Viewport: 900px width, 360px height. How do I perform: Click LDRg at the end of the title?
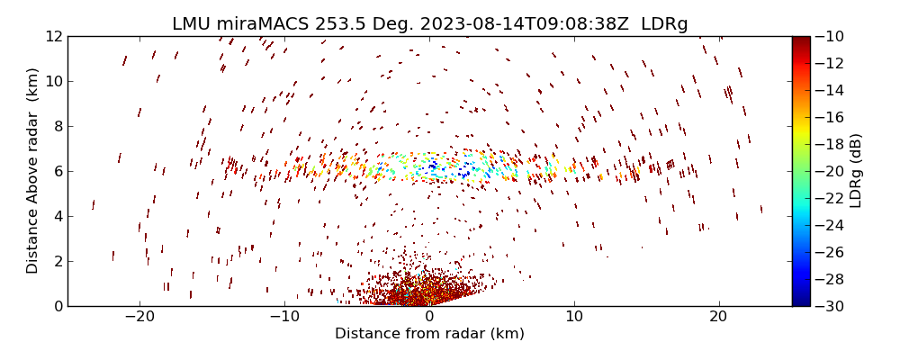pos(664,24)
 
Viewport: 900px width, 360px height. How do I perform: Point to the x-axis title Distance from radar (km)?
pos(429,334)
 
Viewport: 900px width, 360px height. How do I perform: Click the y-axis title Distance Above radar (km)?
pos(33,171)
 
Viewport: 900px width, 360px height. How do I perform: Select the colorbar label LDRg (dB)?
pos(855,171)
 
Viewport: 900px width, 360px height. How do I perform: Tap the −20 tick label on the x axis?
pos(139,317)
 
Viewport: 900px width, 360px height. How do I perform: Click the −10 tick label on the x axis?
pos(284,317)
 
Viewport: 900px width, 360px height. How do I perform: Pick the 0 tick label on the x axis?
pos(429,317)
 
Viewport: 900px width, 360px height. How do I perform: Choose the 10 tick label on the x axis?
pos(574,317)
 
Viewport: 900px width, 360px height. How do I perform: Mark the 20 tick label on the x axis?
pos(718,317)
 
